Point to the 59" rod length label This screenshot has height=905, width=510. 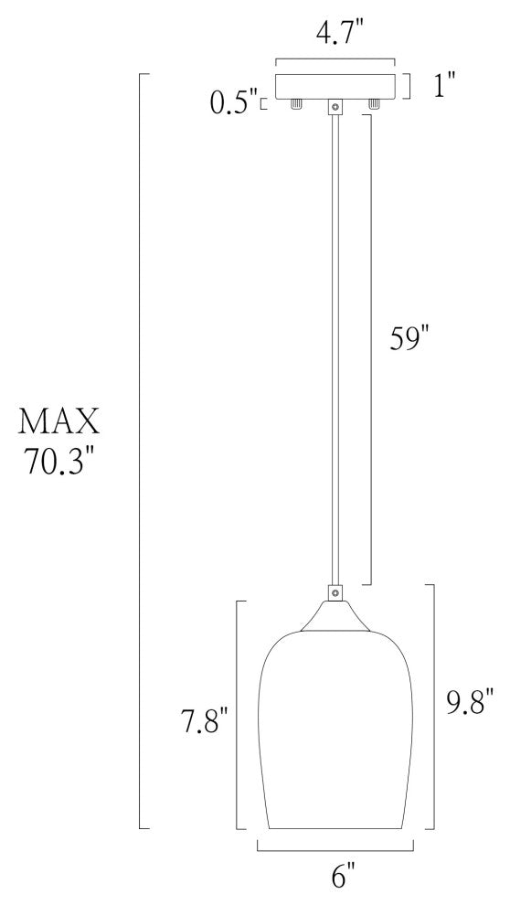coord(410,338)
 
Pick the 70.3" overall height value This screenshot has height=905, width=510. coord(59,462)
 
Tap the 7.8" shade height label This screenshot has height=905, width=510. coord(204,720)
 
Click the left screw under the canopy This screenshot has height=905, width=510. coord(296,104)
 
